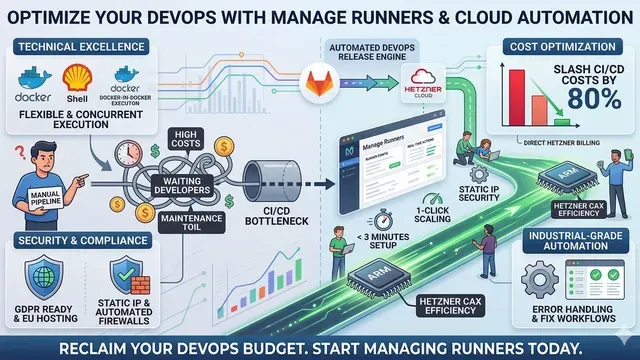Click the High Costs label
186,140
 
